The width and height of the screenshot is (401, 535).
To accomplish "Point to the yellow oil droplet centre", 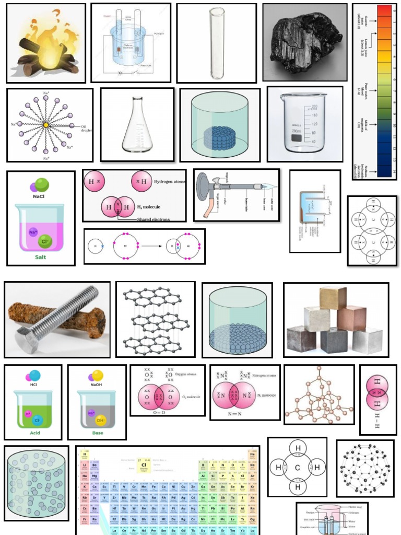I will [x=46, y=125].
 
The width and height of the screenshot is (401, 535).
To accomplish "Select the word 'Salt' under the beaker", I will [x=40, y=257].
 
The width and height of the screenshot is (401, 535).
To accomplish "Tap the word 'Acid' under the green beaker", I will [x=35, y=433].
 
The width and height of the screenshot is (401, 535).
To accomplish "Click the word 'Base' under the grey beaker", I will [x=98, y=433].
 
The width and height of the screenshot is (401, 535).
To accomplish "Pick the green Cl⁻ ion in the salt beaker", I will [x=45, y=241].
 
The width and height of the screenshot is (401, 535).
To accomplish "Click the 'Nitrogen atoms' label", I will [x=264, y=376].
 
